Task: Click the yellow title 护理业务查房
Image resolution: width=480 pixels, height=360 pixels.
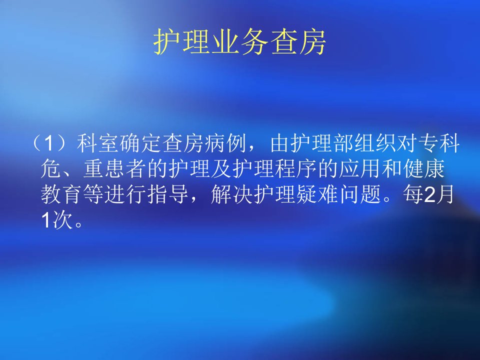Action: (x=239, y=42)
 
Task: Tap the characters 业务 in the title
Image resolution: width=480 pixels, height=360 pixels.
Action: (x=239, y=42)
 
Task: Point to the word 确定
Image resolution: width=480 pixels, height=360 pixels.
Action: (x=140, y=143)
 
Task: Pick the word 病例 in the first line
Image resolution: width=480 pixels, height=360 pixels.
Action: (x=225, y=143)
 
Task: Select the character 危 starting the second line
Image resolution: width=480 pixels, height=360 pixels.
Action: (x=51, y=169)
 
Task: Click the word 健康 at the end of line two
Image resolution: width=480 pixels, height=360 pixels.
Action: (x=423, y=169)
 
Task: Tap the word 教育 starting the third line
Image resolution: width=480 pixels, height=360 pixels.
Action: (x=61, y=194)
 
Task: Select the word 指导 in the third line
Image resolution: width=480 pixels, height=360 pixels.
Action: (x=168, y=194)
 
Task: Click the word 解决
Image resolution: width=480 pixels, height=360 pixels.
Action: (x=231, y=194)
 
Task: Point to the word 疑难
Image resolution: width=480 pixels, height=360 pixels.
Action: (x=317, y=194)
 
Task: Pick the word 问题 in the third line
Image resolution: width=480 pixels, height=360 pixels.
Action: (x=359, y=194)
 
